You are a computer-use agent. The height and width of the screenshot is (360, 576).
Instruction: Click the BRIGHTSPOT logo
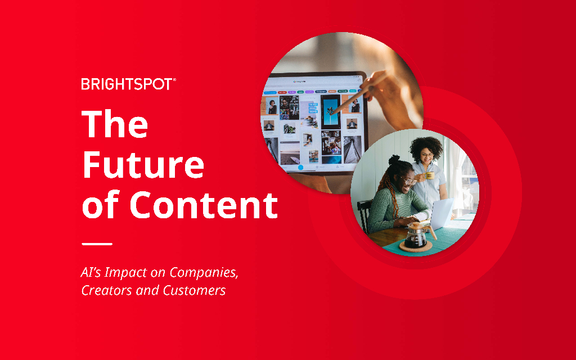pos(128,84)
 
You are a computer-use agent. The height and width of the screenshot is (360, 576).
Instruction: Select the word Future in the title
pos(143,165)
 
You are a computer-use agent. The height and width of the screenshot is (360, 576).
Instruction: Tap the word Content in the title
pos(204,205)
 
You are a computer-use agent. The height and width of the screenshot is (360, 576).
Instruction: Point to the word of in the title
pos(101,205)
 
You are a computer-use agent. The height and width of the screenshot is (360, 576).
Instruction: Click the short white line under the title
pos(97,244)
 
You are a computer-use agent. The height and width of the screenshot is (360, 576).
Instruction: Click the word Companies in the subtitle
pos(204,273)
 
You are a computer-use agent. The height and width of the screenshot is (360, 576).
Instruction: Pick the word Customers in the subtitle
pos(194,290)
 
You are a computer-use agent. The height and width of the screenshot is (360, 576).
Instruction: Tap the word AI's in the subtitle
pos(91,273)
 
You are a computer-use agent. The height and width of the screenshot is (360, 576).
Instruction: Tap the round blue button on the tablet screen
pos(301,167)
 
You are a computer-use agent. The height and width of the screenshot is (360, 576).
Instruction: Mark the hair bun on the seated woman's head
pos(394,160)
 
